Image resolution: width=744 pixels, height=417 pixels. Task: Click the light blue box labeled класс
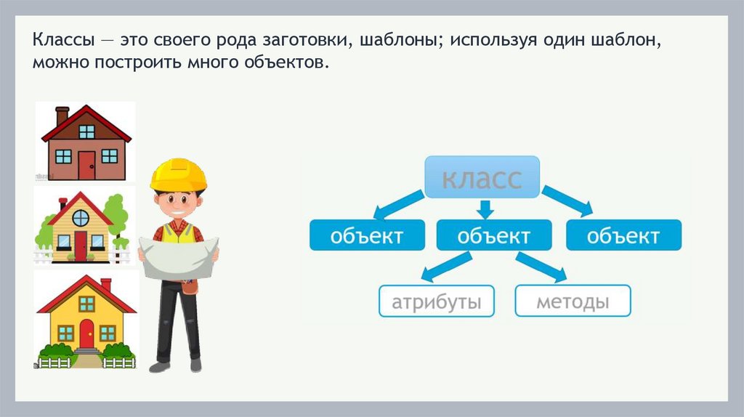482,177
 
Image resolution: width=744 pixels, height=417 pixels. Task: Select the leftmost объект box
367,236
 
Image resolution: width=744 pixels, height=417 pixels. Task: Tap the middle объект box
494,236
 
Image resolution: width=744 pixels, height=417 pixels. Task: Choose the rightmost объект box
623,236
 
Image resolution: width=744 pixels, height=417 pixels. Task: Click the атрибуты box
436,301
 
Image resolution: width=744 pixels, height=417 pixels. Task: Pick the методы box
573,301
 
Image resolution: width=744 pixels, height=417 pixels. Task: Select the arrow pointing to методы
541,267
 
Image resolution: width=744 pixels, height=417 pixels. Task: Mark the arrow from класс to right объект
567,200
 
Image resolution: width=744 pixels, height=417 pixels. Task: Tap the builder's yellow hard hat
179,174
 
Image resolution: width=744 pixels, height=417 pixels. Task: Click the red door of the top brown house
86,164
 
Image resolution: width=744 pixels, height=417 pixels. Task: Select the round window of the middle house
81,217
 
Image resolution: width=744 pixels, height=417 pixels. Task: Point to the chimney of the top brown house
62,115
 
